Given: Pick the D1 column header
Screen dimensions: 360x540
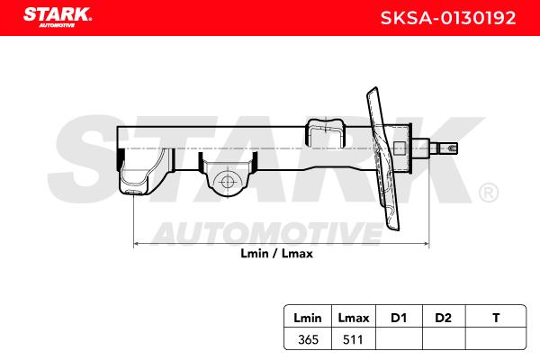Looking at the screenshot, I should point(398,318).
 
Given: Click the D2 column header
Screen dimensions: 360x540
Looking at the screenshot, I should point(442,318).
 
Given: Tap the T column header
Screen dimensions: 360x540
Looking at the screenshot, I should point(496,318).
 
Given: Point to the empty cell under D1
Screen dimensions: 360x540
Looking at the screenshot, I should point(398,338).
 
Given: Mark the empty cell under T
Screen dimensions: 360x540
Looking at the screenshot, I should point(496,338).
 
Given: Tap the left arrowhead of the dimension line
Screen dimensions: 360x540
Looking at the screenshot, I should point(137,243).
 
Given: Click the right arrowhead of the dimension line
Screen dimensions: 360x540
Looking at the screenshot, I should point(425,243).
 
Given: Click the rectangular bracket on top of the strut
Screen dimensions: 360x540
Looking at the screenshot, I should point(326,132).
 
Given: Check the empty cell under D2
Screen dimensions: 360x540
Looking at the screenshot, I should point(442,338).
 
